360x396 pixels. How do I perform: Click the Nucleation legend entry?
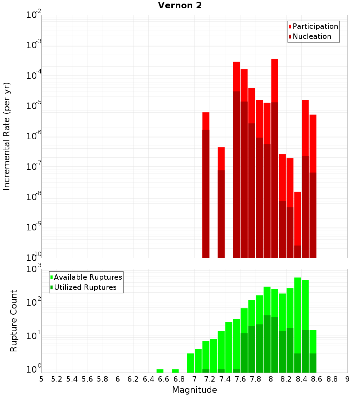click(x=311, y=36)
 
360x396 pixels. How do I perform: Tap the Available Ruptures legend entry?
click(x=87, y=277)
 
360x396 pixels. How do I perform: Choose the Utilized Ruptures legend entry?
click(x=85, y=287)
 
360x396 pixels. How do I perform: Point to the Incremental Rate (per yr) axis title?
click(x=7, y=136)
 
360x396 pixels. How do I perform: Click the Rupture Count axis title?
click(x=14, y=321)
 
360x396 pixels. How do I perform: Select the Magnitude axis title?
click(x=194, y=390)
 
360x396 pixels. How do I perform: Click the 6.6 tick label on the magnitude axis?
click(x=164, y=379)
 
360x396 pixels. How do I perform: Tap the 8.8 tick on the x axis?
click(x=332, y=379)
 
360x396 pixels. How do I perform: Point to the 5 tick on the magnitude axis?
click(x=41, y=379)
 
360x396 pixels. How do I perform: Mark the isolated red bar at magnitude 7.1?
click(x=206, y=180)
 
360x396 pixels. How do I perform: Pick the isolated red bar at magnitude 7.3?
click(x=221, y=198)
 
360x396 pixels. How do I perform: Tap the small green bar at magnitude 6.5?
click(x=160, y=371)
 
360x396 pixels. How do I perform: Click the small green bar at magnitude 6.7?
click(x=175, y=371)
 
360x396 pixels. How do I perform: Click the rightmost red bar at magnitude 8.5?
click(x=313, y=180)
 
